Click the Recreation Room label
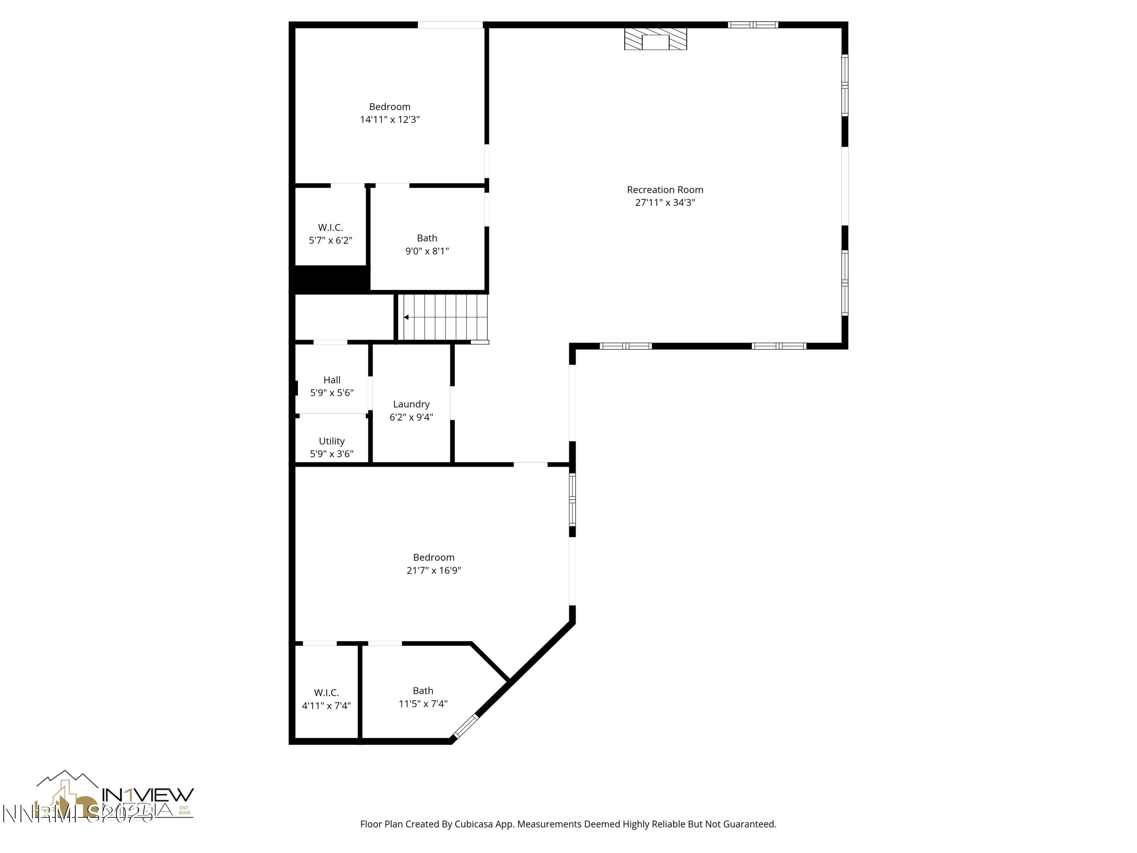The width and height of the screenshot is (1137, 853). pyautogui.click(x=665, y=190)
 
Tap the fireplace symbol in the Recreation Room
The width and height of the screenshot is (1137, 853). pyautogui.click(x=655, y=39)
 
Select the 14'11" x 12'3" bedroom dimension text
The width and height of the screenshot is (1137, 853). pyautogui.click(x=390, y=120)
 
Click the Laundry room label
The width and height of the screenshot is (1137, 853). pyautogui.click(x=411, y=404)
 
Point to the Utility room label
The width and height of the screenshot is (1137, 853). pyautogui.click(x=332, y=441)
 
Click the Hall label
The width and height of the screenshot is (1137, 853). pyautogui.click(x=332, y=380)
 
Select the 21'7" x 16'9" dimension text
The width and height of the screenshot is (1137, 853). pyautogui.click(x=433, y=570)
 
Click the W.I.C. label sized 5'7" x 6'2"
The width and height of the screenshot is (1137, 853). pyautogui.click(x=330, y=227)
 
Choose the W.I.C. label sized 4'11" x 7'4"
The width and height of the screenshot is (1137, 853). pyautogui.click(x=326, y=693)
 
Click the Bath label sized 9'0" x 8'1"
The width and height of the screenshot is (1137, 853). pyautogui.click(x=427, y=238)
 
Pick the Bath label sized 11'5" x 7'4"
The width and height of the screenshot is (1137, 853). pyautogui.click(x=423, y=690)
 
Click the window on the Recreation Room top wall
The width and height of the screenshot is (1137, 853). pyautogui.click(x=753, y=25)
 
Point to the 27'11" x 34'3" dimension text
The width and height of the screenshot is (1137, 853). pyautogui.click(x=665, y=202)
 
